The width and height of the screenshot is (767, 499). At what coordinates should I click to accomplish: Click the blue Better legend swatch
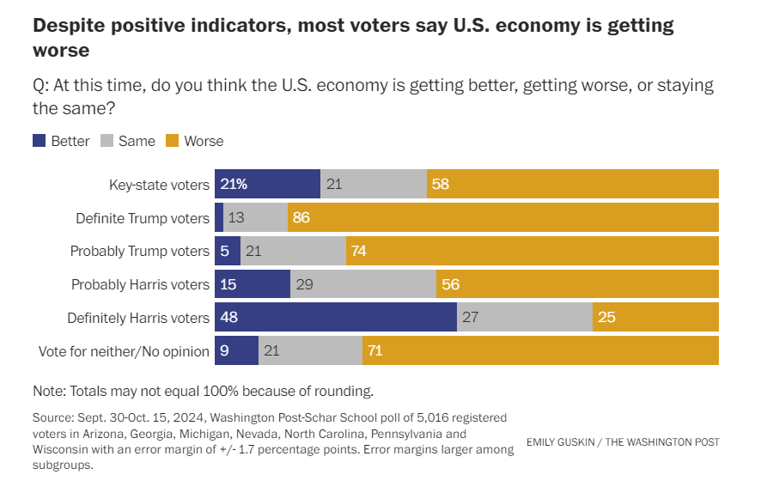point(39,141)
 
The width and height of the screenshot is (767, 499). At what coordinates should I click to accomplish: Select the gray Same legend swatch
point(107,141)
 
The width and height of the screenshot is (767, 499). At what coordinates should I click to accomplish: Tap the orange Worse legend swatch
point(172,141)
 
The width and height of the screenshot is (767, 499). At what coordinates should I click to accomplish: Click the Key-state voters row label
point(159,185)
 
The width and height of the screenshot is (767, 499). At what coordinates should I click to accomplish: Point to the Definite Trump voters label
point(143,218)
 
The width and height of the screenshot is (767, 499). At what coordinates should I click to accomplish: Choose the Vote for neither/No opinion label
point(124,351)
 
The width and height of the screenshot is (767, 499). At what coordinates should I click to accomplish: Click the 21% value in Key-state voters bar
point(234,185)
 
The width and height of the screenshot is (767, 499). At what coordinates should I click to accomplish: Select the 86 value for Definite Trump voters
point(301,218)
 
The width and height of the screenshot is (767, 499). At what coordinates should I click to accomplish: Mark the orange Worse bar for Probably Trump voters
point(533,251)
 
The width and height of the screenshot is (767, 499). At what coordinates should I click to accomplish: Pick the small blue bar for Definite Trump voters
point(219,218)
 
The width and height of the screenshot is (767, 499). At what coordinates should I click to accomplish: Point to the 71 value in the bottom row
point(374,351)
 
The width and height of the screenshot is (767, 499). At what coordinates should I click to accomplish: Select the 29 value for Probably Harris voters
point(305,284)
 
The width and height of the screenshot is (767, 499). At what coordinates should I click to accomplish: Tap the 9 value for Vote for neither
point(225,351)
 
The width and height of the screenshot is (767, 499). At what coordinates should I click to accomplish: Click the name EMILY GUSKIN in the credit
point(563,442)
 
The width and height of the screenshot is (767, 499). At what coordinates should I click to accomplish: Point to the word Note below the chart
point(50,391)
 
